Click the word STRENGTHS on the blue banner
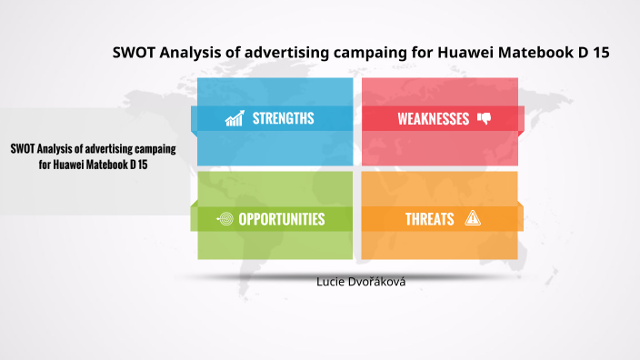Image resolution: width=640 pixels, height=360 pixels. pos(283,118)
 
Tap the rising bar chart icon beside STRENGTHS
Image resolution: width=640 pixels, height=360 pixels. pos(235,118)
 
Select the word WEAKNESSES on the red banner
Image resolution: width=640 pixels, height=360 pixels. pos(433,119)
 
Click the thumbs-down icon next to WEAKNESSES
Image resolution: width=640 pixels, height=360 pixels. pos(484,118)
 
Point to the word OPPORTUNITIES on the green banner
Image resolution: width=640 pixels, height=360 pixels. pos(281,219)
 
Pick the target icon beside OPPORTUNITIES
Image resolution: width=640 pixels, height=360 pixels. pos(225,219)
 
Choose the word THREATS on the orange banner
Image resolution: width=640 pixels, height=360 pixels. pos(430,219)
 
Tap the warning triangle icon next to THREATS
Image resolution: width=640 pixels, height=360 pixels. pos(472,218)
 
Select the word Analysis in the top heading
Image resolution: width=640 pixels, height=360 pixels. pos(192,53)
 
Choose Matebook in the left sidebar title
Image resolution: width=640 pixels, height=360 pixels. pos(110,165)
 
